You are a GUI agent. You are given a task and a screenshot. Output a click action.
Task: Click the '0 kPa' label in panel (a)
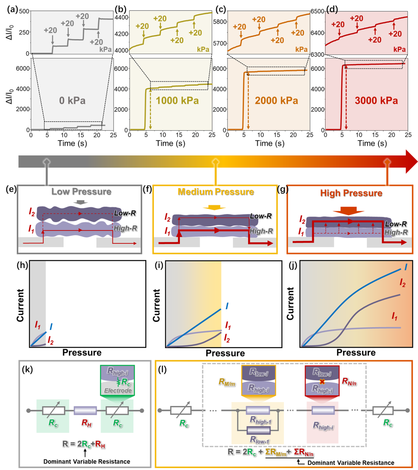(72, 101)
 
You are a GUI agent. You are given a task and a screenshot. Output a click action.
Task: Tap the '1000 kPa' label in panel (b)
(177, 101)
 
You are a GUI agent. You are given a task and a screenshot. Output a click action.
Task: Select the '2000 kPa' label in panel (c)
(276, 101)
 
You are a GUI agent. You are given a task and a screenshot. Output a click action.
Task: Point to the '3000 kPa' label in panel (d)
(376, 101)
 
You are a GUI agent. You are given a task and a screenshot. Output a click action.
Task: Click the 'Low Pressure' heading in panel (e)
(81, 192)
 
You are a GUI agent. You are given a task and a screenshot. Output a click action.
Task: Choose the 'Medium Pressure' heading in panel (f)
(216, 192)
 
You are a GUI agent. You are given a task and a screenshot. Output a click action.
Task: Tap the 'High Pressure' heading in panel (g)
(351, 193)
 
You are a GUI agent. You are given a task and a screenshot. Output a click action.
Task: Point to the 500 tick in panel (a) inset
(24, 11)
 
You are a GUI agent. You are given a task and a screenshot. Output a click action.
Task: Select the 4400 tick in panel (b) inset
(122, 17)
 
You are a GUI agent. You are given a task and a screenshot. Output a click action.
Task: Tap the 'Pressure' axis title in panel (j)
(356, 352)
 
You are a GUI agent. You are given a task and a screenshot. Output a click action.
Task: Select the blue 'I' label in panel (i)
(227, 306)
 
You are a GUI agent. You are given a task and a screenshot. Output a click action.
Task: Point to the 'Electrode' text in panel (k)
(118, 391)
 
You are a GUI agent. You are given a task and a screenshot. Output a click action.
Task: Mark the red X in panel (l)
(322, 381)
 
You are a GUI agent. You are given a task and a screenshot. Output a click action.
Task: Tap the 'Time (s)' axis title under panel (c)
(270, 144)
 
